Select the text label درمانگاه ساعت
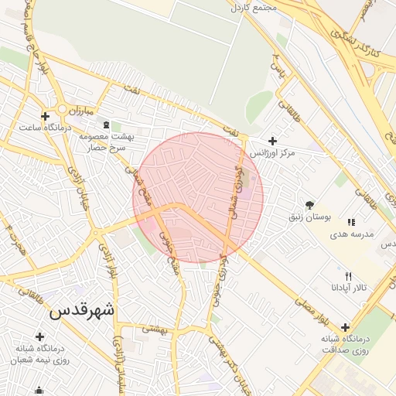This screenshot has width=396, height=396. point(46,127)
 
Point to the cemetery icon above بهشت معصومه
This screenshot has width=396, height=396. point(106,125)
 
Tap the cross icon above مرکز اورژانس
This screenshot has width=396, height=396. point(271,141)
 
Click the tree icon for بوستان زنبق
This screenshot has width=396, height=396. point(310,205)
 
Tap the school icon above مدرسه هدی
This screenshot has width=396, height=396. point(352,223)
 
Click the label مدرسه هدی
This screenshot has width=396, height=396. point(352,234)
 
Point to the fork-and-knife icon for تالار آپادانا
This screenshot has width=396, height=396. point(348,276)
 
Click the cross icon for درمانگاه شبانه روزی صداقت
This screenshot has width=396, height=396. point(345,327)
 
